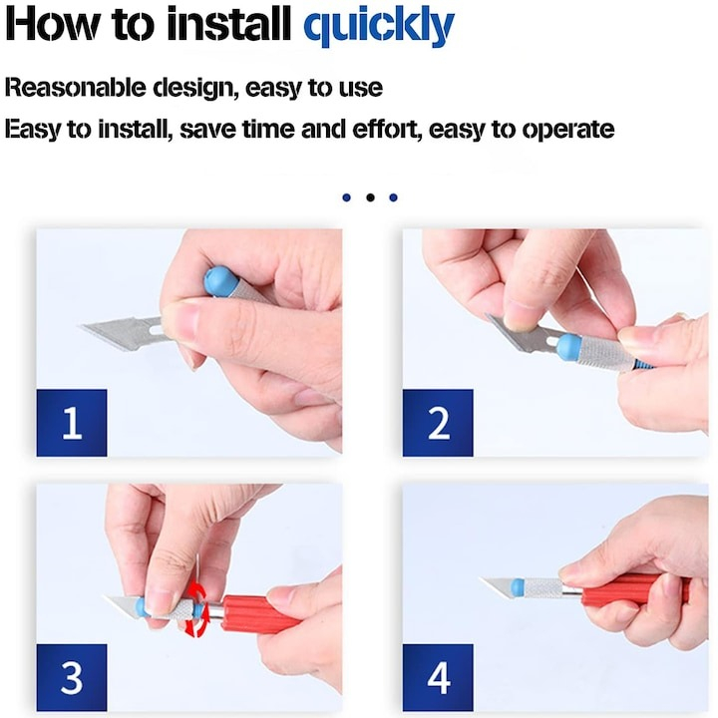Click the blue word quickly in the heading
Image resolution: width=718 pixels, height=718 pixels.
coord(379,26)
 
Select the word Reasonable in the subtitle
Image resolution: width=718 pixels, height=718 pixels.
coord(75,87)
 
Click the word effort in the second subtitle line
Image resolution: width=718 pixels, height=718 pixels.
coord(387,129)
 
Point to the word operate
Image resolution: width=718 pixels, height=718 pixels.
coord(568,130)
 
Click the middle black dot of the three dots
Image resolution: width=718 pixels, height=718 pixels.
coord(370,197)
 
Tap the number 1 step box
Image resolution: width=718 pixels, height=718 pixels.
coord(72,423)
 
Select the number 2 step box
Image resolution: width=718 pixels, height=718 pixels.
coord(438,423)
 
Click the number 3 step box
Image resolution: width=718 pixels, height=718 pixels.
coord(72,677)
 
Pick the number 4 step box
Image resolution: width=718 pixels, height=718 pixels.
coord(438,677)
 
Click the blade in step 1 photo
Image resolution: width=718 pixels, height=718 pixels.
coord(124,333)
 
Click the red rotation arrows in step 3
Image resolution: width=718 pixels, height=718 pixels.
coord(197,608)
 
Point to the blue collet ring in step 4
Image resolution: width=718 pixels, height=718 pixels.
coord(518,587)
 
